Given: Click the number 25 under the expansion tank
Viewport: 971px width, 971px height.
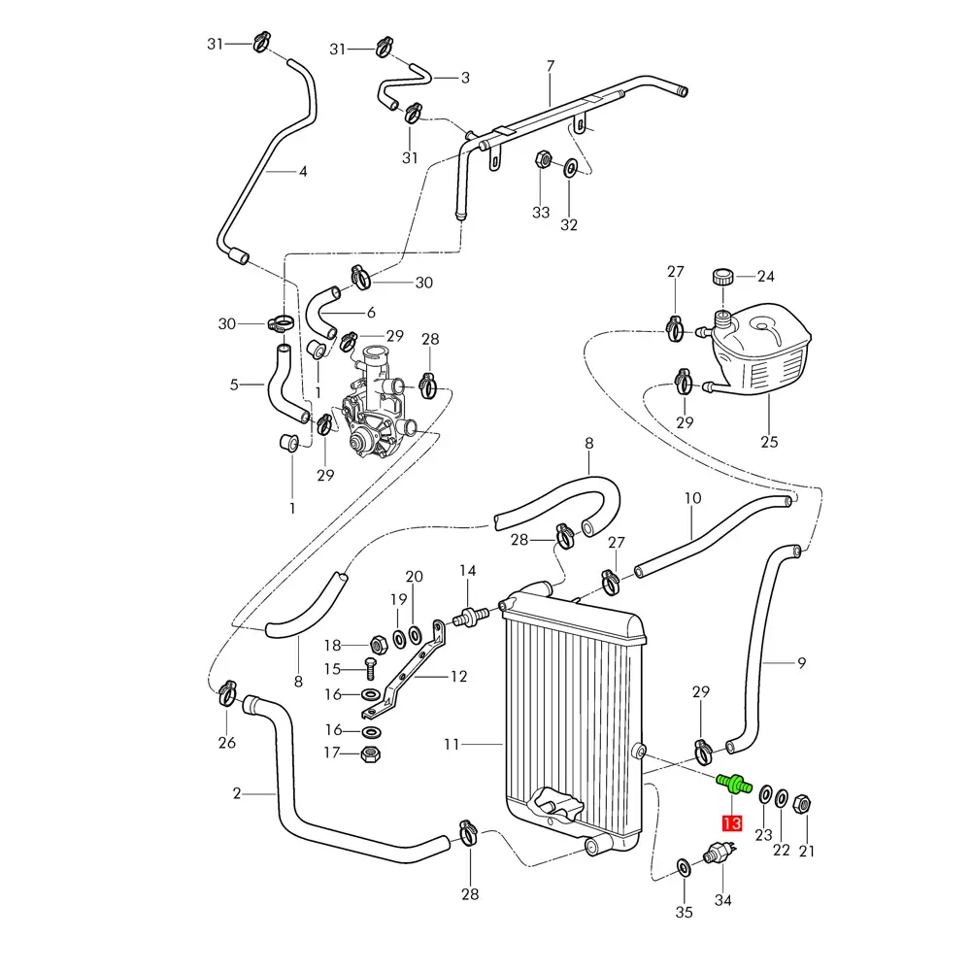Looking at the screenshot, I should click(769, 443).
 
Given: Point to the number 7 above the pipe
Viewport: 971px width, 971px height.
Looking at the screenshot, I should click(551, 66).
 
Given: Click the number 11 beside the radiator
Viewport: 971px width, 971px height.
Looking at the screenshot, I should click(451, 745).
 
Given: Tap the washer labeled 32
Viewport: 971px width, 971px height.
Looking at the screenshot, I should click(570, 166).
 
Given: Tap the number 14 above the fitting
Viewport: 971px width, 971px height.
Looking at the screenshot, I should click(468, 570).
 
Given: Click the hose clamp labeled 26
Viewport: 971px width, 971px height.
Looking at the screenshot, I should click(227, 693).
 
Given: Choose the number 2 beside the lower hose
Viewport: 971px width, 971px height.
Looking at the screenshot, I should click(237, 793).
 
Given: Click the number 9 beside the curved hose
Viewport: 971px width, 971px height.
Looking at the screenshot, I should click(802, 664).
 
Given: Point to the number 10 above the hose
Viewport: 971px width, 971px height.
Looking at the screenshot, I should click(692, 499).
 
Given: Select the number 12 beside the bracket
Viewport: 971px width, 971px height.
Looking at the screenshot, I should click(458, 677).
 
